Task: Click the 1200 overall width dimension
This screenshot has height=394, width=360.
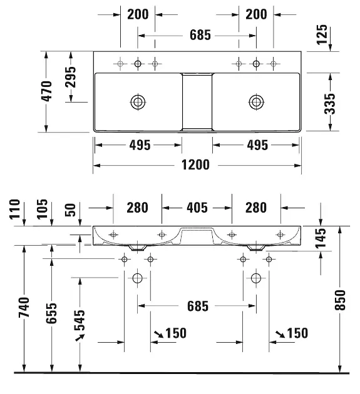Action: (195, 165)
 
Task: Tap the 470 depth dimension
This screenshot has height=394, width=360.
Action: (47, 91)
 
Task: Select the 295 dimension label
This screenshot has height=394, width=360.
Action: (71, 77)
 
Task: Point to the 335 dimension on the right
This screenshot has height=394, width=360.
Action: (329, 104)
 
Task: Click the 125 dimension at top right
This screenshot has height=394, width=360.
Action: (322, 34)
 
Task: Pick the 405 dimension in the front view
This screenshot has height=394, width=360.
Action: (197, 208)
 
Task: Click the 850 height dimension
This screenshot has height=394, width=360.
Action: (341, 300)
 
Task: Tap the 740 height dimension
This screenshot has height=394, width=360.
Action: (24, 307)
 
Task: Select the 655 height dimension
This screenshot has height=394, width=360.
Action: (51, 313)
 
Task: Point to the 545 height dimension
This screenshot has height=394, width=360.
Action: (80, 320)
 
